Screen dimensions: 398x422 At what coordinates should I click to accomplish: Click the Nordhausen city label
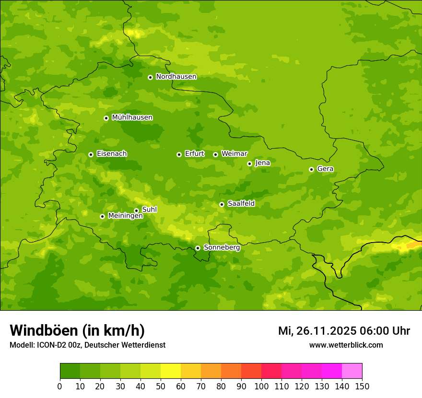(x=176, y=77)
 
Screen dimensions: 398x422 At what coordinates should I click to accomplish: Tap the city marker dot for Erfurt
(x=179, y=154)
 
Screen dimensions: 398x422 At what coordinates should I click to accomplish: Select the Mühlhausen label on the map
(x=132, y=117)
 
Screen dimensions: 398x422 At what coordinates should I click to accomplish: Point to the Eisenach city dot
(x=91, y=154)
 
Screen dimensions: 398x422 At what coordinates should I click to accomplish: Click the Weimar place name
(x=234, y=154)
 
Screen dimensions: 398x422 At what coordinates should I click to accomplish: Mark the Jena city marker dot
(x=249, y=164)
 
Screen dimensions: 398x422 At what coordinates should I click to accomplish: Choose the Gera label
(x=325, y=169)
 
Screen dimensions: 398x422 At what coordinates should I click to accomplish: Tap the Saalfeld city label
(x=241, y=204)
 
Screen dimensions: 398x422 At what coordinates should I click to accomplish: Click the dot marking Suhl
(x=136, y=211)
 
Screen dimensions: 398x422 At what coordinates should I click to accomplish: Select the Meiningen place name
(x=125, y=216)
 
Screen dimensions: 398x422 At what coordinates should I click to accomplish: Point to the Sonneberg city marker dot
(x=198, y=248)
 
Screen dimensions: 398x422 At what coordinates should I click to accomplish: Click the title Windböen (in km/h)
(x=77, y=330)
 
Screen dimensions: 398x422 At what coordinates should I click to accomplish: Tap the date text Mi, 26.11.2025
(x=316, y=331)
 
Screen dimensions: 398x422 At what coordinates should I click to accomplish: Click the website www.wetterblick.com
(x=346, y=345)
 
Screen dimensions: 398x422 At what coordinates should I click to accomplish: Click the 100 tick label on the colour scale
(x=261, y=386)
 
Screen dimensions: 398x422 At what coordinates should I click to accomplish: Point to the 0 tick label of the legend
(x=60, y=386)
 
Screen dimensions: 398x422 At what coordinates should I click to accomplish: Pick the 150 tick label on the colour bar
(x=362, y=386)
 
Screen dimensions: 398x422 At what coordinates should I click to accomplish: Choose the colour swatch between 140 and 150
(x=352, y=371)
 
